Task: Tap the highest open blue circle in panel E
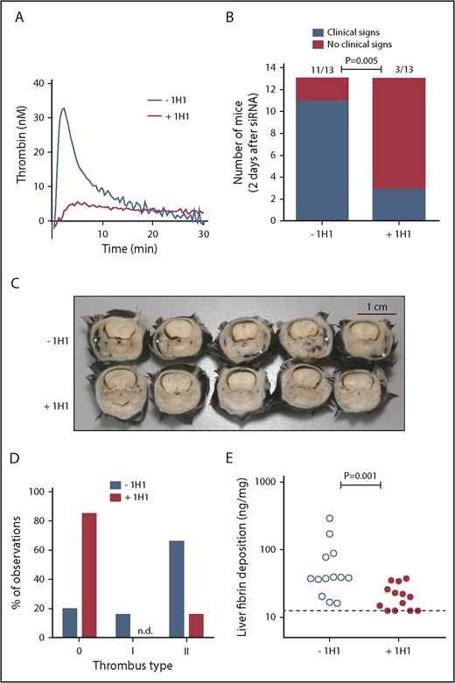coord(330,519)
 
